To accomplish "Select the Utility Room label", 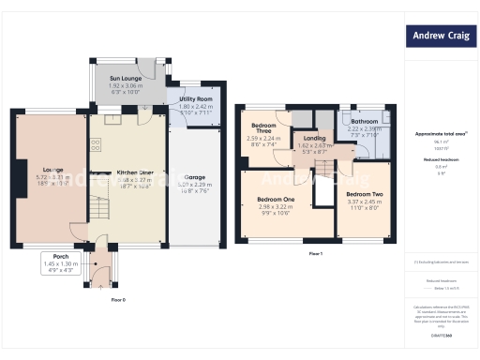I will click(196, 98).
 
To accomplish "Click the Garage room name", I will click(195, 177).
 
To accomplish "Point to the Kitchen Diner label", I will click(135, 173).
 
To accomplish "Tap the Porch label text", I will click(62, 257).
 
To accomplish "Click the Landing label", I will click(315, 139).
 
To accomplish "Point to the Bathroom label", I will click(364, 122).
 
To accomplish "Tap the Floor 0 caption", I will click(118, 299).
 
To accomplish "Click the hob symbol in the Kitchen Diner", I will click(96, 145).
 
